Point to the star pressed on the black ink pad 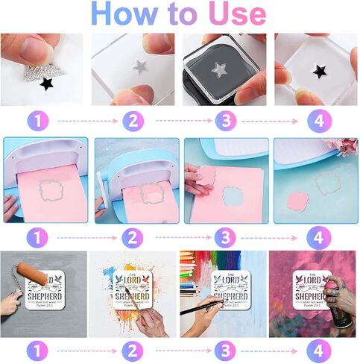[x=218, y=71]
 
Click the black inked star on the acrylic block [x=320, y=72]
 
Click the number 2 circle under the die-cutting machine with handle [x=132, y=238]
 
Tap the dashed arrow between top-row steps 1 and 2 [x=86, y=120]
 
